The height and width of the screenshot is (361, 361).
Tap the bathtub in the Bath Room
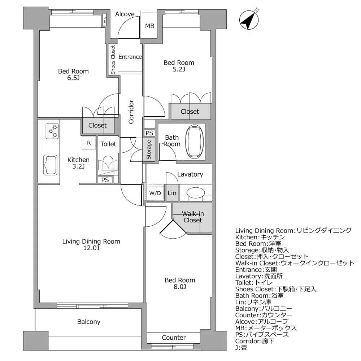194,142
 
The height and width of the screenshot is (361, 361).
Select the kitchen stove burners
52,131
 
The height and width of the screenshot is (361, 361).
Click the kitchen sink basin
50,165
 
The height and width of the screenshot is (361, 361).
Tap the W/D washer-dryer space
155,193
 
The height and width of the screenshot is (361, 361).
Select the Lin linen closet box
172,193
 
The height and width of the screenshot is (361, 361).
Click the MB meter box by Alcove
149,26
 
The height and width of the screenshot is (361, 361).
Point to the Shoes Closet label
113,60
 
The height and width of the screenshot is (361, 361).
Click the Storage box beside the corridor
149,149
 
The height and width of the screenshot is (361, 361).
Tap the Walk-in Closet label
192,217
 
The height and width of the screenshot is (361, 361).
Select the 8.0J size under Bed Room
180,287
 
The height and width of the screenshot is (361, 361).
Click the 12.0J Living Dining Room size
91,248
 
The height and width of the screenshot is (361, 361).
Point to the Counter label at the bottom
174,338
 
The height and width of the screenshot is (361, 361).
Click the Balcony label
88,322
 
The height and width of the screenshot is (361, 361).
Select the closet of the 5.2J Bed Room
190,112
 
